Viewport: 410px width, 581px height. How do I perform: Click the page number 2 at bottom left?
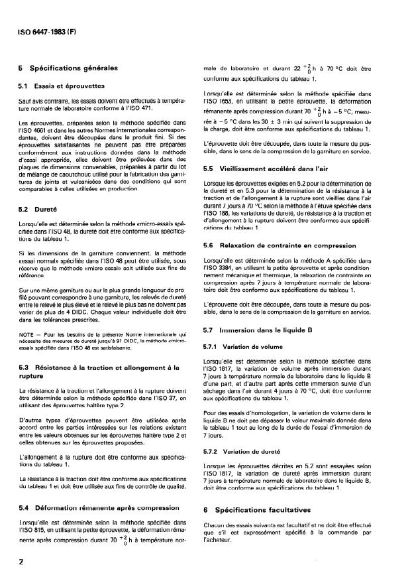[23, 560]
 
